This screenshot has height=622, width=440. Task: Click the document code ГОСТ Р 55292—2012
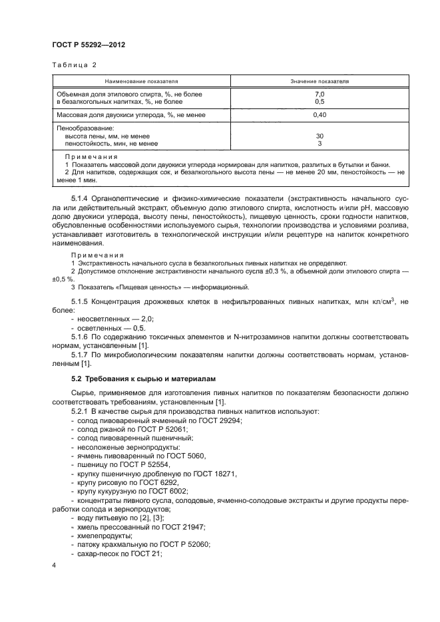89,45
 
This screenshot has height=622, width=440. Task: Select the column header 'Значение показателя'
320,81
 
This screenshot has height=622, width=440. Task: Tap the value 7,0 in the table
319,94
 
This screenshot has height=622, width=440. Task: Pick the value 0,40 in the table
319,115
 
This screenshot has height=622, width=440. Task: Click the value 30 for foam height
319,136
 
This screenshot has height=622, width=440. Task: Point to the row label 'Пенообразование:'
84,128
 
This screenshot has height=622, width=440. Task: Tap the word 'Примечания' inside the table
89,157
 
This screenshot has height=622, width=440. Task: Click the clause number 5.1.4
80,199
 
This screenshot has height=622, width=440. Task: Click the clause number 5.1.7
80,355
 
